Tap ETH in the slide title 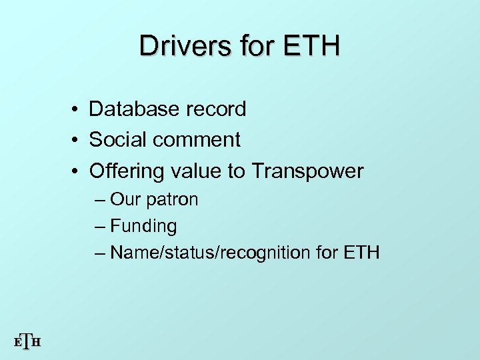pos(311,46)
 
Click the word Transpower pos(307,171)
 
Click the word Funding pos(143,227)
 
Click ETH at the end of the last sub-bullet pos(361,253)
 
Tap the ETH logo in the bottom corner pos(27,342)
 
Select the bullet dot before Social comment pos(78,141)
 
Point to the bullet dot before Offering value pos(78,172)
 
